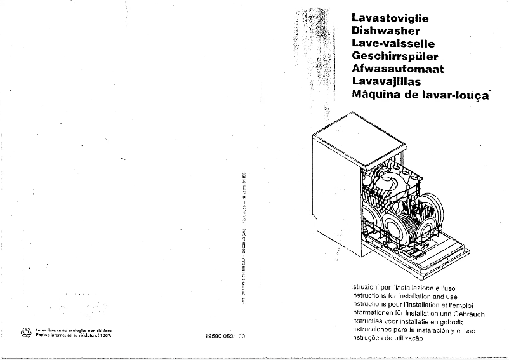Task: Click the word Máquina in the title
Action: (x=375, y=95)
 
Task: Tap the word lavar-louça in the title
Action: (x=456, y=95)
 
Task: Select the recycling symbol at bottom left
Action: (x=26, y=331)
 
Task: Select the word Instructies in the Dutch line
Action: (x=370, y=322)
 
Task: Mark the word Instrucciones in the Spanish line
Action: (x=374, y=330)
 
